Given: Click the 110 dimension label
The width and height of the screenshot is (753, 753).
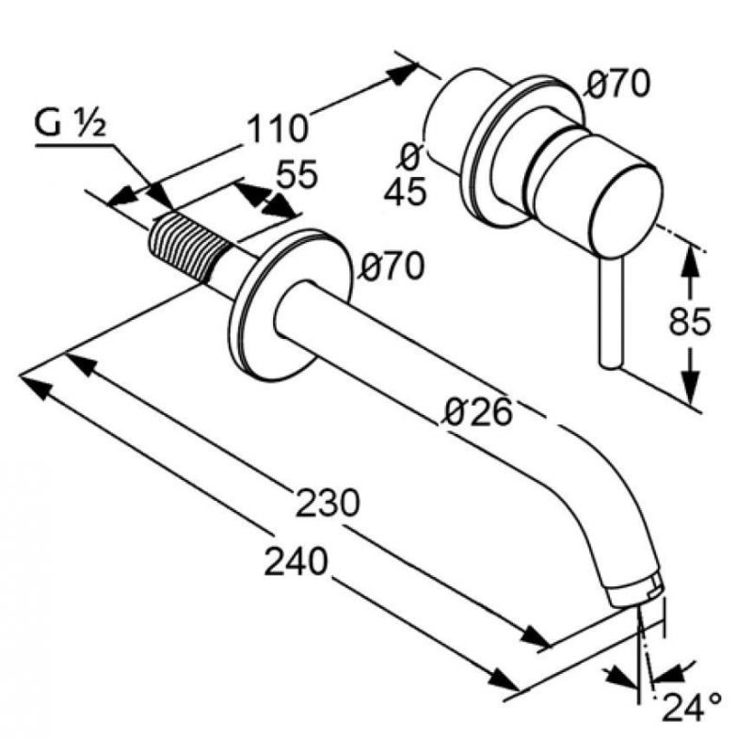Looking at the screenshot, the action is click(278, 129).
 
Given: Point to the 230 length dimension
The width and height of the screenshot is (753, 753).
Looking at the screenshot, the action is click(328, 503).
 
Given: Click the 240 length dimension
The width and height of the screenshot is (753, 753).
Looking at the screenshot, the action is click(296, 561).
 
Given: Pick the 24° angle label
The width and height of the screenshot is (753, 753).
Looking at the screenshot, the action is click(692, 707).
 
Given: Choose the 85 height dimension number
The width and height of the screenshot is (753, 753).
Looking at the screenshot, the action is click(690, 321).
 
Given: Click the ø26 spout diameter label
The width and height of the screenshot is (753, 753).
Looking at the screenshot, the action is click(478, 412).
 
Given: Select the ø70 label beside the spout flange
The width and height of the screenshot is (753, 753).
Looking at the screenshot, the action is click(393, 266).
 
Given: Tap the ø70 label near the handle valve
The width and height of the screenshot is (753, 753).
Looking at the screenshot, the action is click(618, 85).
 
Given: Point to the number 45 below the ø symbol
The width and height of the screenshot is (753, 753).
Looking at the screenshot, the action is click(406, 191).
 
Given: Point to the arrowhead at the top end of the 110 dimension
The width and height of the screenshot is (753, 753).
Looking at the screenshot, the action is click(402, 74).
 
